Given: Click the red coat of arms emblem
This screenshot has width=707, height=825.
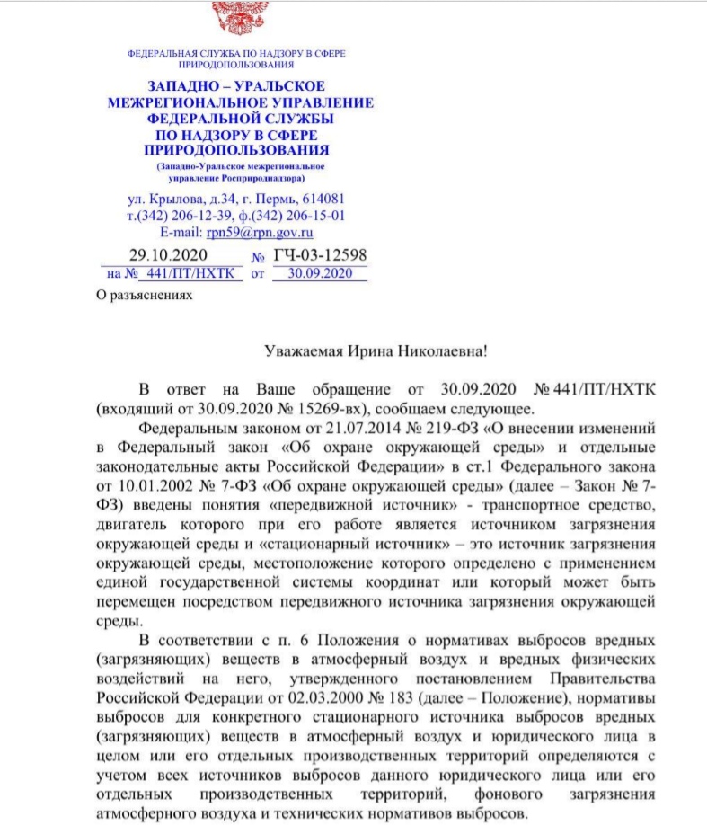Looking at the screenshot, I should [237, 13].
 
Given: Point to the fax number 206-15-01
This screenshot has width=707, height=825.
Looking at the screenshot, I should [314, 215].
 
